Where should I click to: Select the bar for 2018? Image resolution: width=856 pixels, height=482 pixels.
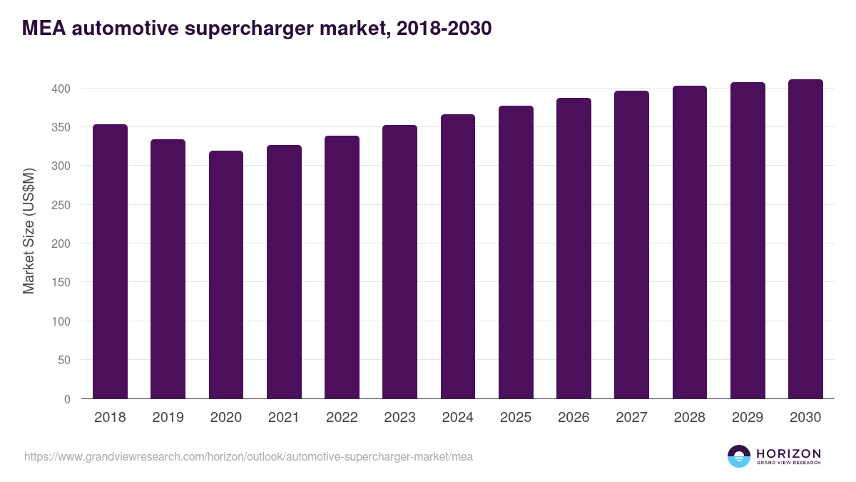(110, 261)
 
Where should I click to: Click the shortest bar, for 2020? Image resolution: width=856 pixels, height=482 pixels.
(226, 275)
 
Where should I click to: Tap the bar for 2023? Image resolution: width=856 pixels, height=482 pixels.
(399, 261)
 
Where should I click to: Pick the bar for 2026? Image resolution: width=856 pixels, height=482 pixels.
(574, 248)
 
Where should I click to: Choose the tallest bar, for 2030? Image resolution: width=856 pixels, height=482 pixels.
(805, 239)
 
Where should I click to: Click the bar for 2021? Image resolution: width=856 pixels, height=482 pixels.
(284, 272)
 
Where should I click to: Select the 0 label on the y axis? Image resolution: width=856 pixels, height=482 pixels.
(67, 399)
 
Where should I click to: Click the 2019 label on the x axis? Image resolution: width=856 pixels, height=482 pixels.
(168, 418)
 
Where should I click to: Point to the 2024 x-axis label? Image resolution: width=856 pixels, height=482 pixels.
(457, 418)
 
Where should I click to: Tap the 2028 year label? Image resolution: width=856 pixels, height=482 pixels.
(689, 418)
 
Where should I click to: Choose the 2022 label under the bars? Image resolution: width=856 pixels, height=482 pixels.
(342, 418)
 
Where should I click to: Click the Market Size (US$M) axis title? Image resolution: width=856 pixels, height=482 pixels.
(29, 231)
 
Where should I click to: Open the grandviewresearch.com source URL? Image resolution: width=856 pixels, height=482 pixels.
(248, 456)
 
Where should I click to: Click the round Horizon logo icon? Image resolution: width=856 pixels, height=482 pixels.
(738, 456)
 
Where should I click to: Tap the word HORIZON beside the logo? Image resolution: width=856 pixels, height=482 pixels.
(788, 453)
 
